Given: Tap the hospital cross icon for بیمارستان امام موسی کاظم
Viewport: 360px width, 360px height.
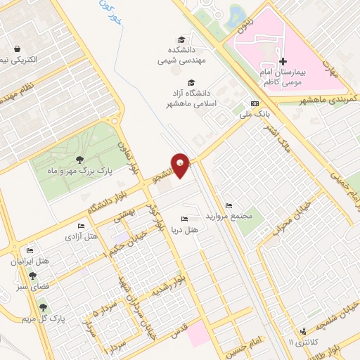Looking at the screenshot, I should [283, 62].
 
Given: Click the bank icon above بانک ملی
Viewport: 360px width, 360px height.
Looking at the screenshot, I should [255, 103].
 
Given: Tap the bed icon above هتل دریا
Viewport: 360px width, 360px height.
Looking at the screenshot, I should [184, 219].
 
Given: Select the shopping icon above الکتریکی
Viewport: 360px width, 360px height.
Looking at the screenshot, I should [17, 49].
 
